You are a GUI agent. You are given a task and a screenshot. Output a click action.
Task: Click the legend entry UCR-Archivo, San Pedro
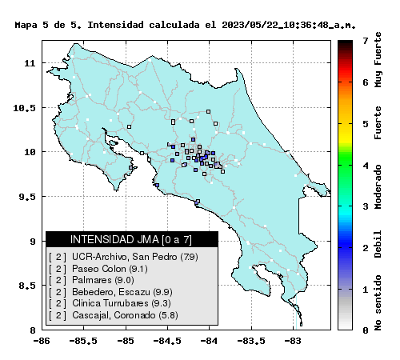coord(123,257)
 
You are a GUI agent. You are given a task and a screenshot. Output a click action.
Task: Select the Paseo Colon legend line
coord(98,269)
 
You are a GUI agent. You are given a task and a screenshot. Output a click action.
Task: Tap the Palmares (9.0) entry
coord(91,280)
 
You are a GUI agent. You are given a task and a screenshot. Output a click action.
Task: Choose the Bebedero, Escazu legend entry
coord(110,292)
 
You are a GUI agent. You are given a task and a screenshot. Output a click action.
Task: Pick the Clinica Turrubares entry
coord(110,303)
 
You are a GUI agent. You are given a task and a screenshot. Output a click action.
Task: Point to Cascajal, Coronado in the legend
coord(114,315)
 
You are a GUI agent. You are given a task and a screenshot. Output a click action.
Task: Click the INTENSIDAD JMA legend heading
coord(131,239)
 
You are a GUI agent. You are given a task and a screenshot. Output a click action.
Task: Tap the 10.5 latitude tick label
coord(24,108)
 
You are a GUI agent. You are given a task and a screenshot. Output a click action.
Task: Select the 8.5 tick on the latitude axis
coord(27,286)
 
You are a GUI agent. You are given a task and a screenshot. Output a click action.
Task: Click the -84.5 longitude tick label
coord(167,341)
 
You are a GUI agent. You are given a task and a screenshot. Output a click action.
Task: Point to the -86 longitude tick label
coord(42,341)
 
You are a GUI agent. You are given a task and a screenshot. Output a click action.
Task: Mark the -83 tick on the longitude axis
coord(294,341)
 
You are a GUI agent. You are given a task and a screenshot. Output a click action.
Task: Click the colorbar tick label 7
coord(366,41)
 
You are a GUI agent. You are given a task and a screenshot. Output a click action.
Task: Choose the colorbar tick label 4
coord(366,166)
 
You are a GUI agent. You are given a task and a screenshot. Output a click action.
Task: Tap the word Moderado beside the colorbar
coord(378,186)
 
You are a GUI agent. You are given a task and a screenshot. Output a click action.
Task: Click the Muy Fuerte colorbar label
coord(378,60)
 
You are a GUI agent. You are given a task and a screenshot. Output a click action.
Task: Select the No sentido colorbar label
coord(378,302)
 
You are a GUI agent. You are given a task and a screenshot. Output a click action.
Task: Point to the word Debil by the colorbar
coord(378,244)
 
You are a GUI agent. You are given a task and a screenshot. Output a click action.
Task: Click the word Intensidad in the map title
coord(115,25)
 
